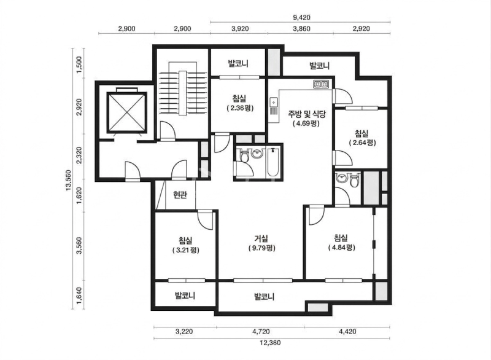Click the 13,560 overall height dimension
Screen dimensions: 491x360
pyautogui.click(x=68, y=180)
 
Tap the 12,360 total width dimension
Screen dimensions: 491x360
pyautogui.click(x=270, y=342)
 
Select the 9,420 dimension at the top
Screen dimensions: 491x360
pyautogui.click(x=301, y=18)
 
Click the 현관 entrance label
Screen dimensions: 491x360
pyautogui.click(x=180, y=195)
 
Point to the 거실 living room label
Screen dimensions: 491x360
pyautogui.click(x=261, y=238)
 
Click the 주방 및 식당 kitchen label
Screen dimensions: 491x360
pyautogui.click(x=306, y=114)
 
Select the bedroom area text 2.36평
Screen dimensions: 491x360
pyautogui.click(x=240, y=108)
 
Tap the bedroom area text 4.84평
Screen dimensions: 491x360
pyautogui.click(x=342, y=248)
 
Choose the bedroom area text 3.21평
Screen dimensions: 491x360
pyautogui.click(x=186, y=250)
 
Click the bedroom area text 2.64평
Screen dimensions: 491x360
pyautogui.click(x=362, y=143)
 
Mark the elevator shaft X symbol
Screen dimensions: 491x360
pyautogui.click(x=126, y=112)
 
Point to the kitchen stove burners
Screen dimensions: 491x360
pyautogui.click(x=321, y=84)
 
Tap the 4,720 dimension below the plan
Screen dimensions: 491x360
pyautogui.click(x=260, y=331)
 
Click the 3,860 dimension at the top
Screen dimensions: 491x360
pyautogui.click(x=301, y=29)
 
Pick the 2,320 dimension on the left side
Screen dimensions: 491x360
pyautogui.click(x=79, y=155)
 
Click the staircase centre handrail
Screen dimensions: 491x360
pyautogui.click(x=182, y=93)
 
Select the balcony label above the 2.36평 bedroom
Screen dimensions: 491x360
pyautogui.click(x=238, y=64)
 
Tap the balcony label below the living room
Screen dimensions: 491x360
pyautogui.click(x=265, y=296)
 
